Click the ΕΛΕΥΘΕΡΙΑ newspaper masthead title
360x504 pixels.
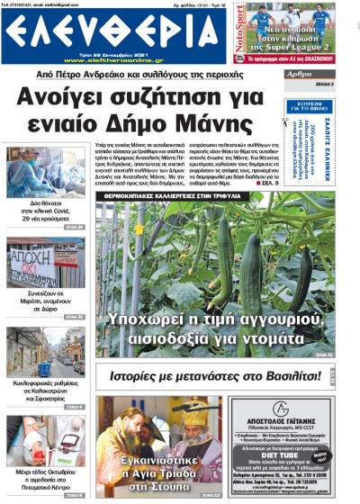[117, 37]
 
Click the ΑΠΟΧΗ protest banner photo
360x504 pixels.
[45, 262]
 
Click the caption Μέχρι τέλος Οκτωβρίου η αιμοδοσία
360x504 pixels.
[45, 477]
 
